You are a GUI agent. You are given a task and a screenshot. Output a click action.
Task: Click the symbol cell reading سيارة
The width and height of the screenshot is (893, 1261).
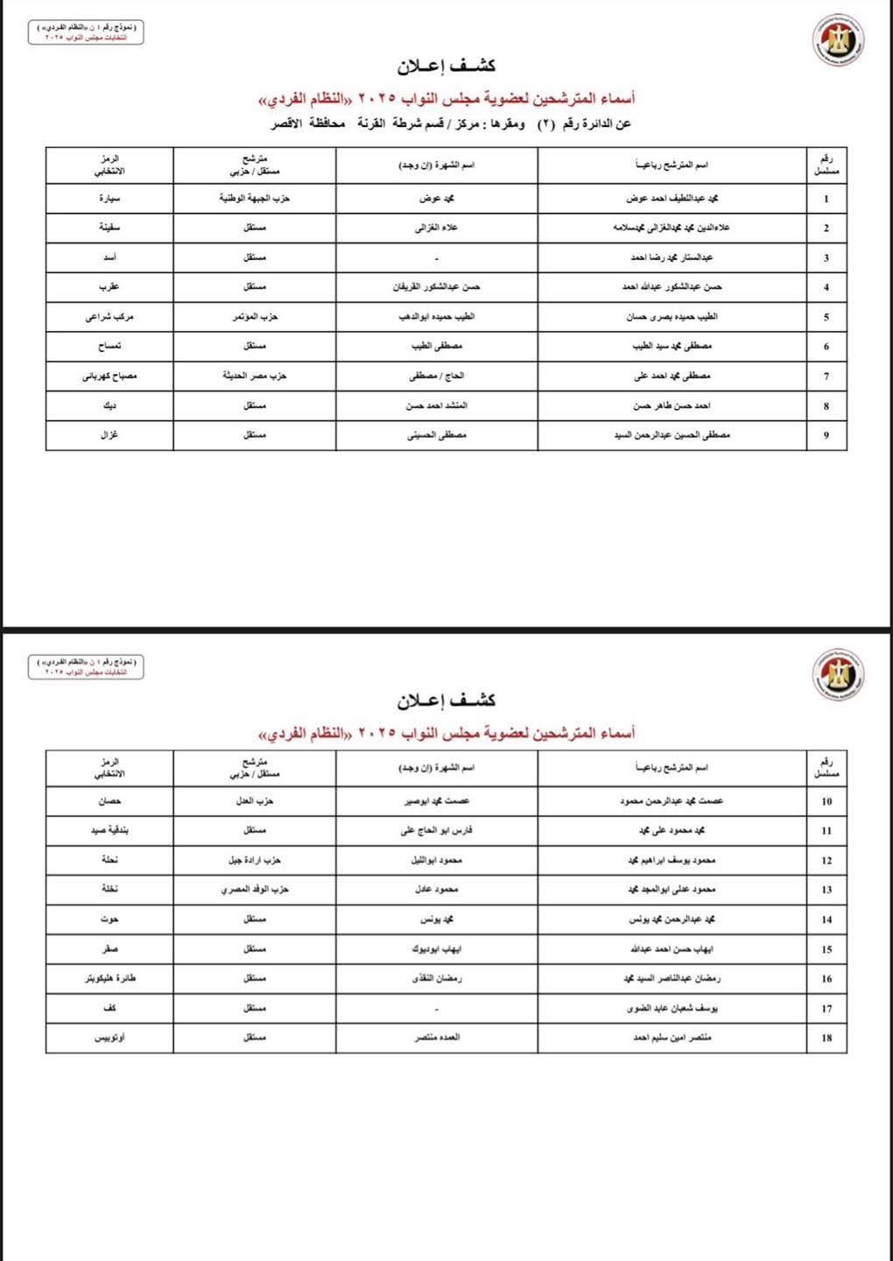point(109,199)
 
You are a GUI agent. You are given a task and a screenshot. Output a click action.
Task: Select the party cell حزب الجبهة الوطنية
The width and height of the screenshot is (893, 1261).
point(254,199)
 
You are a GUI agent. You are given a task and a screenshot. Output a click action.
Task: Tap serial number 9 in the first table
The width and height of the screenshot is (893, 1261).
point(826,435)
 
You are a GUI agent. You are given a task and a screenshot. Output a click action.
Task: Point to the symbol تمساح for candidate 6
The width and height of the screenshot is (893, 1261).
point(109,346)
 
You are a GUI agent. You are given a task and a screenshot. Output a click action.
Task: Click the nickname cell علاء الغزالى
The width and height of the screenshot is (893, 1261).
point(436,228)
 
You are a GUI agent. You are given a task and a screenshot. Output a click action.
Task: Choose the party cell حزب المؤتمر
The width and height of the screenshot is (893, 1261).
point(254,316)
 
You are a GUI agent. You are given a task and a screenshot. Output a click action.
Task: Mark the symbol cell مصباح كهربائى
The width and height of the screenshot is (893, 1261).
point(109,376)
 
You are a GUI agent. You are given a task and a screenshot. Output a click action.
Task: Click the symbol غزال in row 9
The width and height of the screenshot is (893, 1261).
point(109,435)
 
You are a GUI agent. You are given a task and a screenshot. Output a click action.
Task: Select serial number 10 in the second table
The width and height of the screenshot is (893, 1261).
point(826,801)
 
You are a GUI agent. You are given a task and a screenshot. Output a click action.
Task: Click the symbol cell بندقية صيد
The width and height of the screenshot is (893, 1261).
point(109,830)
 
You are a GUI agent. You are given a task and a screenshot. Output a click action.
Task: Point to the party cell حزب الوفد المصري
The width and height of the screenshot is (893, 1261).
point(254,890)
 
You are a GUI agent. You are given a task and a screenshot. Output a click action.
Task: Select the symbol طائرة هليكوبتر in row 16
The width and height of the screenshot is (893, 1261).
point(109,978)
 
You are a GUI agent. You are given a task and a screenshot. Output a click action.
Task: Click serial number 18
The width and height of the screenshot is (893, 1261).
point(826,1038)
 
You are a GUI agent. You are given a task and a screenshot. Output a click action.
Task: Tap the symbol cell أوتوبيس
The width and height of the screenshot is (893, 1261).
point(109,1038)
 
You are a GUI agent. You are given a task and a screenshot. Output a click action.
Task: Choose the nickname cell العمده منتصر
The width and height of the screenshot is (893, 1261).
point(436,1038)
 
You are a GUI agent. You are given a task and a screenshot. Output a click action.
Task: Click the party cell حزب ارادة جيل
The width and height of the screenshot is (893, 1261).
point(254,860)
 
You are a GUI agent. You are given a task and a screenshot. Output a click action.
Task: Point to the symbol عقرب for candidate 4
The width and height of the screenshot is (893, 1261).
point(109,286)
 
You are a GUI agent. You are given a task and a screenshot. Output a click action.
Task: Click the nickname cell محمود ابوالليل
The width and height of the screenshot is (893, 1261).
point(436,860)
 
